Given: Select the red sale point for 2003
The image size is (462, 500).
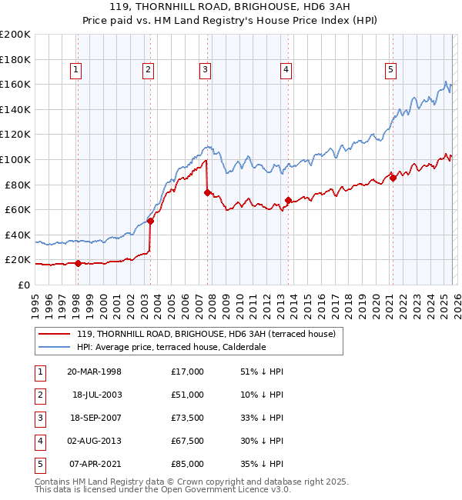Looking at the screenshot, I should coord(151,222).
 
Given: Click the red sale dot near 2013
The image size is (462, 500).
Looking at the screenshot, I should coord(287,201).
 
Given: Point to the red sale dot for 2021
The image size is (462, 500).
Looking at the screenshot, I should coord(393,178).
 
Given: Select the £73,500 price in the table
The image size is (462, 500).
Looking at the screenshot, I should coord(187,418).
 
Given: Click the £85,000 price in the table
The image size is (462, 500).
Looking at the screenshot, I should coord(187,464).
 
